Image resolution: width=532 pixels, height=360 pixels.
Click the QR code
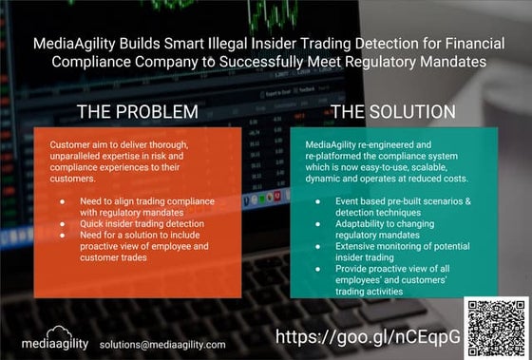point(495,326)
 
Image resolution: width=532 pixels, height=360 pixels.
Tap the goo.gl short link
point(369,337)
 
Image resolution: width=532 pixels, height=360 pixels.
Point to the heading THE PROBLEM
point(137,112)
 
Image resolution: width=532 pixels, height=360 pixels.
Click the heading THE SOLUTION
point(393,112)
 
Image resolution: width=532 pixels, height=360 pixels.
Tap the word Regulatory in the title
point(379,62)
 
